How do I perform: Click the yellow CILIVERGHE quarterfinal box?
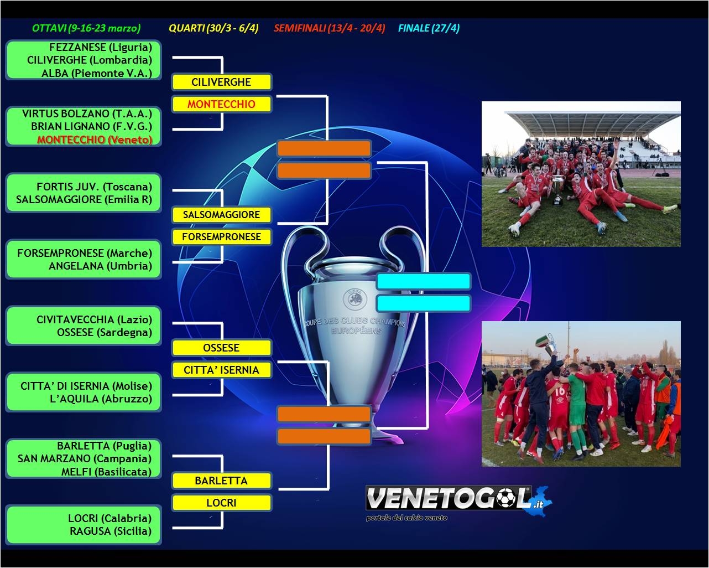[221, 82]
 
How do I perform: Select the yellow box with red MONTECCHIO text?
[221, 104]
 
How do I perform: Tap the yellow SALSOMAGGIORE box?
[221, 215]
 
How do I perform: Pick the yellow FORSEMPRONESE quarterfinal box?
[221, 237]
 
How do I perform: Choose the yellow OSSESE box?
[221, 348]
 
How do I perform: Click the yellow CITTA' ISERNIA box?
[221, 370]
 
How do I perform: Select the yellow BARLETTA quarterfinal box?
[221, 481]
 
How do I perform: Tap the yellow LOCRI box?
[221, 503]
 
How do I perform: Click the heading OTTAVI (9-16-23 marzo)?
[86, 28]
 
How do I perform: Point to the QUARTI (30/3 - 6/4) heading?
[213, 28]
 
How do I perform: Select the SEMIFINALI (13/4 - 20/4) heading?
[330, 28]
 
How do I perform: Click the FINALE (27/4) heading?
[429, 28]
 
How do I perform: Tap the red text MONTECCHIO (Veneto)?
[95, 140]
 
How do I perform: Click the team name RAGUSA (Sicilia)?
[111, 531]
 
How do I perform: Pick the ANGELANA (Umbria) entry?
[101, 266]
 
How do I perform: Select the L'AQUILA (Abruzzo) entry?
[101, 399]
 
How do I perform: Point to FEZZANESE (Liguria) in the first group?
[101, 47]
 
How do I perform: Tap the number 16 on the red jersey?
[560, 391]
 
